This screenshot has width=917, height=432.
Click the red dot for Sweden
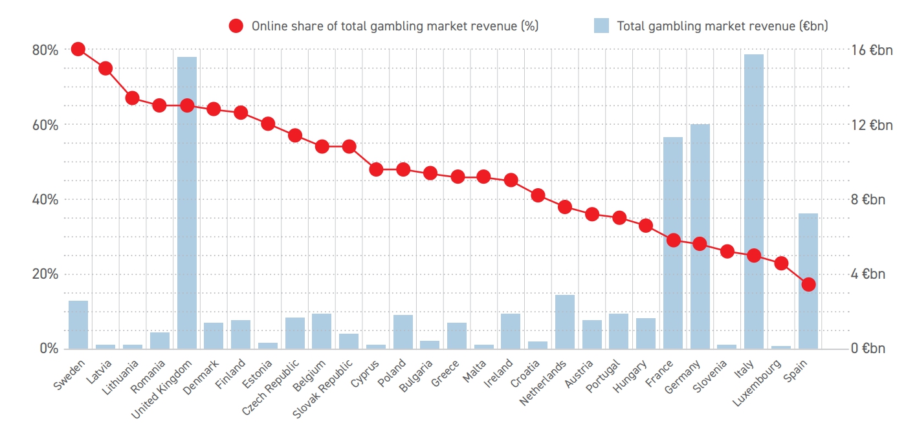78,50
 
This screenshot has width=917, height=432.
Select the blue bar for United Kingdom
187,203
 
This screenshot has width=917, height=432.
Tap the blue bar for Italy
754,202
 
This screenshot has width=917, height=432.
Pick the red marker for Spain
808,285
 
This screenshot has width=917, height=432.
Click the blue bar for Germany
700,237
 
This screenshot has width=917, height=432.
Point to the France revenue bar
673,243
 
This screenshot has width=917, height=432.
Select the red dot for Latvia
105,69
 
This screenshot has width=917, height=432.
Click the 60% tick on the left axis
45,125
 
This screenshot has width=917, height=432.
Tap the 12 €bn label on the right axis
872,125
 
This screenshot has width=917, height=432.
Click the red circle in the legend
236,26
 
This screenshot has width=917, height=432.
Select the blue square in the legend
601,26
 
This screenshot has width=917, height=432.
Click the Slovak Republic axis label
322,389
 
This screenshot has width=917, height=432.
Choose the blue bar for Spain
808,281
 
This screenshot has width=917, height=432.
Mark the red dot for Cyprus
376,169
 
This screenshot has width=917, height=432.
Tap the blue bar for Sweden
78,325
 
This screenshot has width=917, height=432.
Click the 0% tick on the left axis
49,349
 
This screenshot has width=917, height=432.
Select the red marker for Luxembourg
782,263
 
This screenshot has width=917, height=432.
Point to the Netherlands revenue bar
565,322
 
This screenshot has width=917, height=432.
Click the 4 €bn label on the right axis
868,274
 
